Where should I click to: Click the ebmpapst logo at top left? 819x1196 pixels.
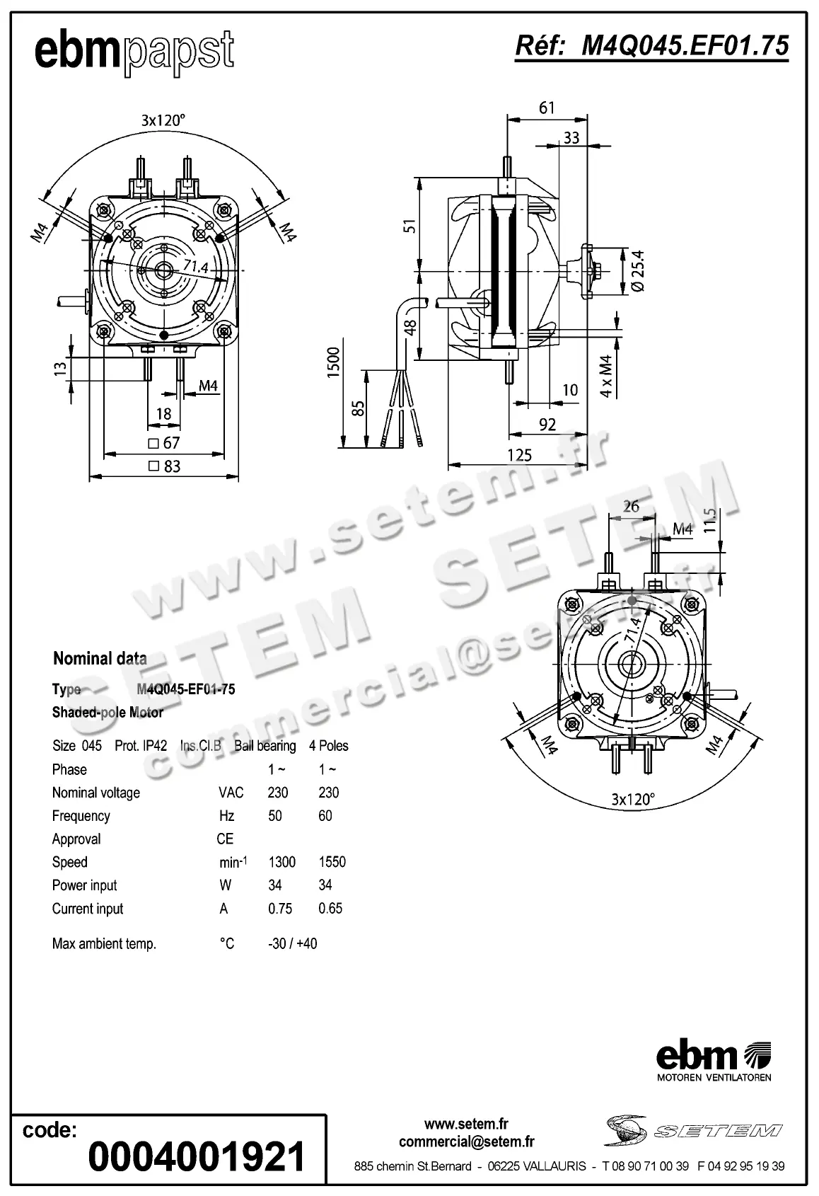[x=134, y=52]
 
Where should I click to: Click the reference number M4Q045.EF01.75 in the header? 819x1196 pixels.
[x=651, y=46]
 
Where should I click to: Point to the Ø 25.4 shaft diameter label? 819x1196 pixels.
[x=636, y=270]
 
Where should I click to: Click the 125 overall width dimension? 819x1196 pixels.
[x=519, y=455]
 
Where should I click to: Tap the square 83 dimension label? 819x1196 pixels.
[x=164, y=466]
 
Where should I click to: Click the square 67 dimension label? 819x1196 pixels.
[x=164, y=443]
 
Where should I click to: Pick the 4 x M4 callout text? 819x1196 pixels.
[x=606, y=376]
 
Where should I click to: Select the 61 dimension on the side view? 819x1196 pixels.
[x=547, y=108]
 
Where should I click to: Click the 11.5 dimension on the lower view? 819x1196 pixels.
[x=711, y=521]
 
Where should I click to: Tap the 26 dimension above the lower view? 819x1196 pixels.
[x=631, y=506]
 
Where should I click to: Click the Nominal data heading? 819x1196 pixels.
[x=100, y=659]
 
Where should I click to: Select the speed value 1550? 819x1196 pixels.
[x=332, y=862]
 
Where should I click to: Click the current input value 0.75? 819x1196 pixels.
[x=280, y=909]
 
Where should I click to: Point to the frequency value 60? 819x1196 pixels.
[x=325, y=816]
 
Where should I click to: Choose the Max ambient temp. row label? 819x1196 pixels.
[x=104, y=944]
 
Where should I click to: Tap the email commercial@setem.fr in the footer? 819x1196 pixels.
[x=466, y=1142]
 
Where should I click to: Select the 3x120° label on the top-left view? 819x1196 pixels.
[x=163, y=120]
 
